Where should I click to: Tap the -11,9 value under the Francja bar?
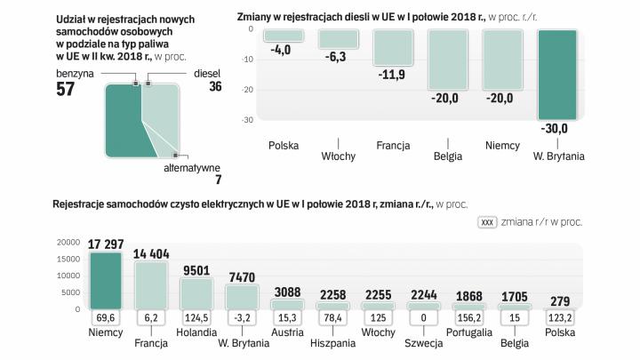point(391,74)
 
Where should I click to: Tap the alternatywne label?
point(192,167)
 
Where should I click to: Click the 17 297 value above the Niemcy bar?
point(106,244)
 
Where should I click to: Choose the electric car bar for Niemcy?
point(106,280)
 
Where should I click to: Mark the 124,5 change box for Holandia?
point(197,316)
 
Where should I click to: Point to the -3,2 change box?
point(242,316)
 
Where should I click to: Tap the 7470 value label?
point(242,276)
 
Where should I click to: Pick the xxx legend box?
point(487,222)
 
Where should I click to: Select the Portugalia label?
point(469,332)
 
